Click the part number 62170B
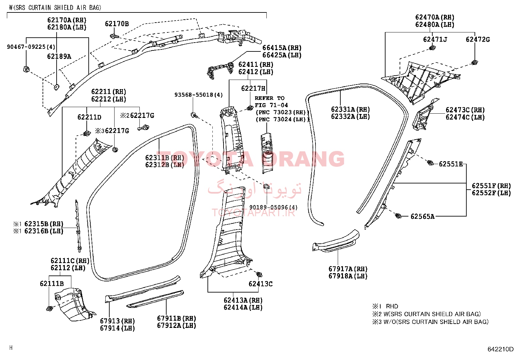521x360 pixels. click(x=117, y=24)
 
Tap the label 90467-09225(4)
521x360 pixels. click(x=31, y=47)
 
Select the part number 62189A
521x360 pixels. click(x=59, y=56)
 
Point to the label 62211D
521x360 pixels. click(x=89, y=117)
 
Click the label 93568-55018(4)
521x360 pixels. click(x=199, y=95)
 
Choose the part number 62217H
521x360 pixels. click(x=253, y=88)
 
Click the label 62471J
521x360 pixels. click(x=435, y=39)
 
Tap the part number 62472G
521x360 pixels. click(x=478, y=39)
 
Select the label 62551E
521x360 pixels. click(x=451, y=164)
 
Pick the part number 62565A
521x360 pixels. click(x=422, y=216)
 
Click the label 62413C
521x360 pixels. click(x=260, y=284)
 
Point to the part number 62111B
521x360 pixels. click(x=52, y=283)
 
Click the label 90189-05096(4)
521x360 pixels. click(x=274, y=207)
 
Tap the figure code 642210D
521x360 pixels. click(x=500, y=349)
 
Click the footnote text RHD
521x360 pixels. click(x=392, y=306)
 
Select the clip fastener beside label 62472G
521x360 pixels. click(x=475, y=63)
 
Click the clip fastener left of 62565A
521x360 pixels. click(x=398, y=216)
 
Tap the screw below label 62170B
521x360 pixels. click(x=114, y=36)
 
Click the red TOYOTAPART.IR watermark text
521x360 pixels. click(x=253, y=213)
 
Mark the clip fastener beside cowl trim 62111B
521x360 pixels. click(x=49, y=309)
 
